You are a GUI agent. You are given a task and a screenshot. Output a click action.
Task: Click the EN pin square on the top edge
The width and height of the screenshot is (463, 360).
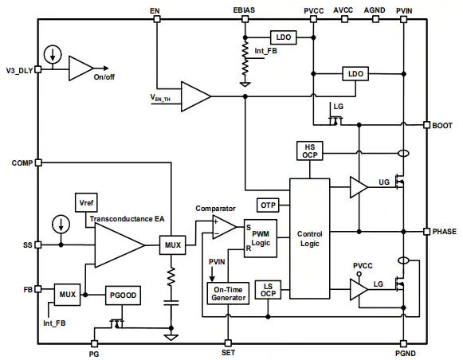[x=157, y=19]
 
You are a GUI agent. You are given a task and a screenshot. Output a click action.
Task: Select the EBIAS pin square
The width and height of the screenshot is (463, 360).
[x=245, y=19]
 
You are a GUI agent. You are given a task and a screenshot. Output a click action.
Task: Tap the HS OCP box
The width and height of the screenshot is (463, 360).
[x=310, y=151]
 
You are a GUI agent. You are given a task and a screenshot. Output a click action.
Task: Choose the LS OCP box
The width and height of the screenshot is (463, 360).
[x=268, y=290]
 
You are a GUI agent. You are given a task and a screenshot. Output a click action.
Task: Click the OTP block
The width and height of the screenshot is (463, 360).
[x=268, y=205]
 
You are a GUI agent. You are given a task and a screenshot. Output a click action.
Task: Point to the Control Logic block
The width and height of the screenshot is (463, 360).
[x=310, y=239]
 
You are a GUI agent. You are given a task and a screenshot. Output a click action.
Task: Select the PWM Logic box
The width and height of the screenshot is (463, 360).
[x=261, y=238]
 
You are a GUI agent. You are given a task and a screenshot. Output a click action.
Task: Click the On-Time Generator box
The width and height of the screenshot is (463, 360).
[x=228, y=294]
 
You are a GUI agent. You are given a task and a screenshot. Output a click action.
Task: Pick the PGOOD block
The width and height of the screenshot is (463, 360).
[x=123, y=295]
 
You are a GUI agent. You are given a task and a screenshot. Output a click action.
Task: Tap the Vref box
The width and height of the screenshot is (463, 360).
[x=86, y=203]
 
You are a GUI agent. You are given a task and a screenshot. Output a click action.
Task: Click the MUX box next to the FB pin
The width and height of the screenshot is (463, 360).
[x=67, y=295]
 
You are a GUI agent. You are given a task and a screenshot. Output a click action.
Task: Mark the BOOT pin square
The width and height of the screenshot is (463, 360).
[x=426, y=125]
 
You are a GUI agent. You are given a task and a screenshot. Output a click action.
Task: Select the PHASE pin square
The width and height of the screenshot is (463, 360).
[x=426, y=231]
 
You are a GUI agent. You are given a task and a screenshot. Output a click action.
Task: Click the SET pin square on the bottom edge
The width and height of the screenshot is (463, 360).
[x=228, y=343]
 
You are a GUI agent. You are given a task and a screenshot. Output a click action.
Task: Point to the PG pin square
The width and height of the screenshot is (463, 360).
[x=94, y=343]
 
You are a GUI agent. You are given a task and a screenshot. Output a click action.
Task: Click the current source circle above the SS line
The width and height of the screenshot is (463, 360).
[x=61, y=224]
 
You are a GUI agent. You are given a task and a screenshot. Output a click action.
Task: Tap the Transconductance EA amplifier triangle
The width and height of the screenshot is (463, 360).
[x=120, y=245]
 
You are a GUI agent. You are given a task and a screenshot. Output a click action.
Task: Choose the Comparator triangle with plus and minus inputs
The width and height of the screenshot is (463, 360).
[x=225, y=227]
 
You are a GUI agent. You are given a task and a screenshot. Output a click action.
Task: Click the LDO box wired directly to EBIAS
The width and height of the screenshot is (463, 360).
[x=284, y=37]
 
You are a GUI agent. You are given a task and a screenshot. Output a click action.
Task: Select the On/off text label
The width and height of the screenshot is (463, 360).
[x=104, y=77]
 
